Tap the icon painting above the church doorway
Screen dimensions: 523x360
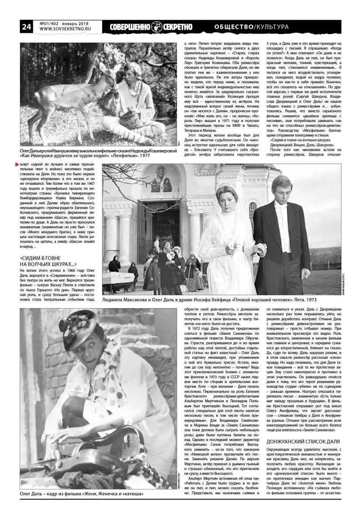[x=161, y=183]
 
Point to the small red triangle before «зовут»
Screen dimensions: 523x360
[x=17, y=164]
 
